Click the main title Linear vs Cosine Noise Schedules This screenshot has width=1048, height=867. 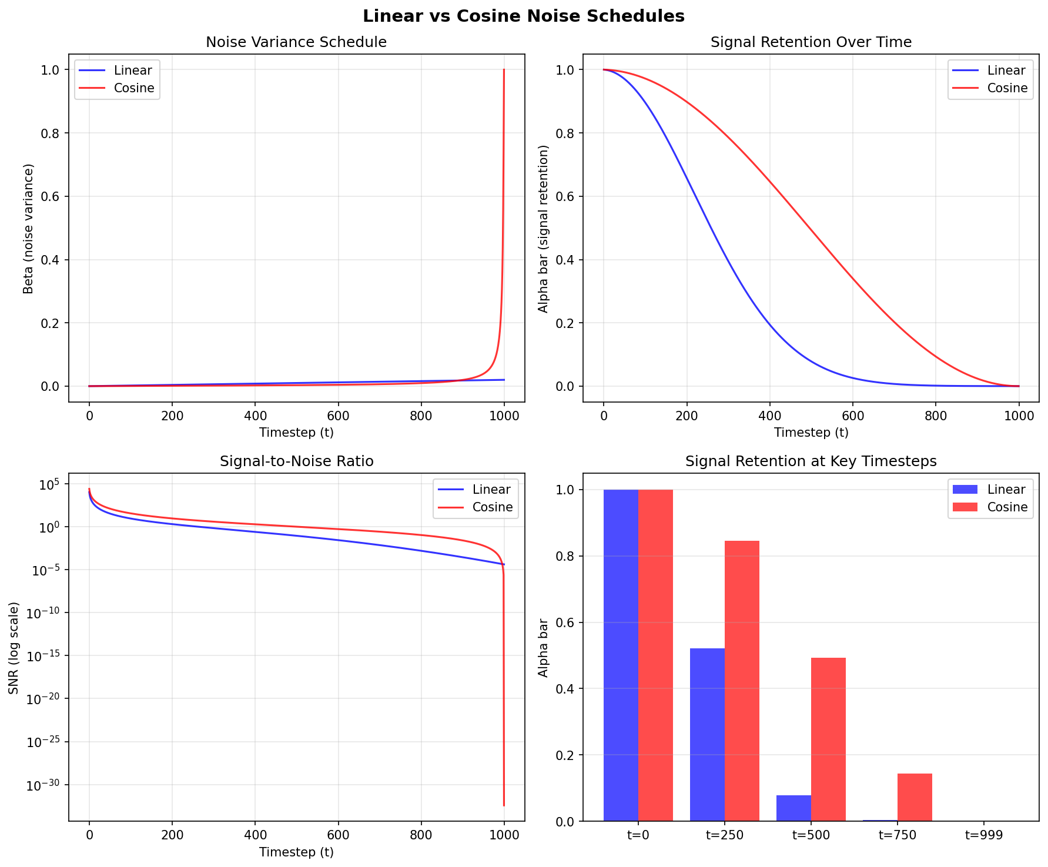click(523, 16)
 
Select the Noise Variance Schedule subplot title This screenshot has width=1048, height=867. click(296, 42)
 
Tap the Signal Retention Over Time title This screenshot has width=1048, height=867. click(811, 42)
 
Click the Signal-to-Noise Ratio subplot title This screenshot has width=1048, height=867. click(296, 461)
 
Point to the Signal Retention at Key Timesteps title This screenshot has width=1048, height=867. click(811, 461)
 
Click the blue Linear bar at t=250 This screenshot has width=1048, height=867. click(707, 735)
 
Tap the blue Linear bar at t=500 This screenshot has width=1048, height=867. click(793, 808)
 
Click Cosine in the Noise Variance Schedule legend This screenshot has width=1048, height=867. click(134, 88)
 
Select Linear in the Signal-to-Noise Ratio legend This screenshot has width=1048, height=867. click(491, 490)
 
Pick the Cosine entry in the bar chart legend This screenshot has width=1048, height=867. click(1007, 507)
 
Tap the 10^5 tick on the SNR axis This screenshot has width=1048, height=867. click(51, 484)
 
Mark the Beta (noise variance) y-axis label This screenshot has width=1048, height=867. click(28, 229)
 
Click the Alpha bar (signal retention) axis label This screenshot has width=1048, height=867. click(543, 229)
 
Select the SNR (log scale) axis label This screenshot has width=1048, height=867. click(14, 647)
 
